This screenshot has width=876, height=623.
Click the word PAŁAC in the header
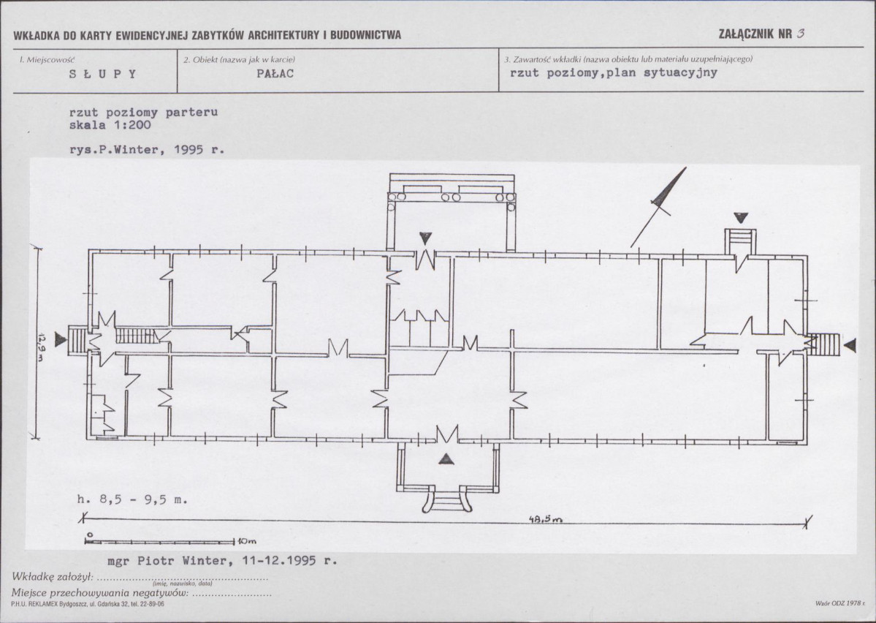click(x=275, y=73)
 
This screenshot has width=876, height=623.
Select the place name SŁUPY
click(x=103, y=74)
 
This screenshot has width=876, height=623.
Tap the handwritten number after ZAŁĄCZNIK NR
click(x=801, y=33)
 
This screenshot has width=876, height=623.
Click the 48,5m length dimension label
click(x=545, y=519)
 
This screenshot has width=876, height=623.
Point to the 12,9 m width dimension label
click(x=42, y=347)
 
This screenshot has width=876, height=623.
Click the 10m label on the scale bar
click(x=247, y=541)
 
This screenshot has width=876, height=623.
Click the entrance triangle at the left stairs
click(x=60, y=339)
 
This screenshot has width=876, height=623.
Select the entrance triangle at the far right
click(x=850, y=346)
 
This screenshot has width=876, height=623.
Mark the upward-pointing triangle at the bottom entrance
click(x=446, y=459)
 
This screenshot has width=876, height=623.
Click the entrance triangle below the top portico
click(x=426, y=238)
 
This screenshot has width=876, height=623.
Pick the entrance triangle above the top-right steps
click(x=741, y=218)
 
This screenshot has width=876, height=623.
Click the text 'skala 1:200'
click(x=110, y=125)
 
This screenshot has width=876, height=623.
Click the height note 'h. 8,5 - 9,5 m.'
click(x=133, y=499)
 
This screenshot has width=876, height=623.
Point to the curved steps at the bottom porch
click(x=446, y=499)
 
